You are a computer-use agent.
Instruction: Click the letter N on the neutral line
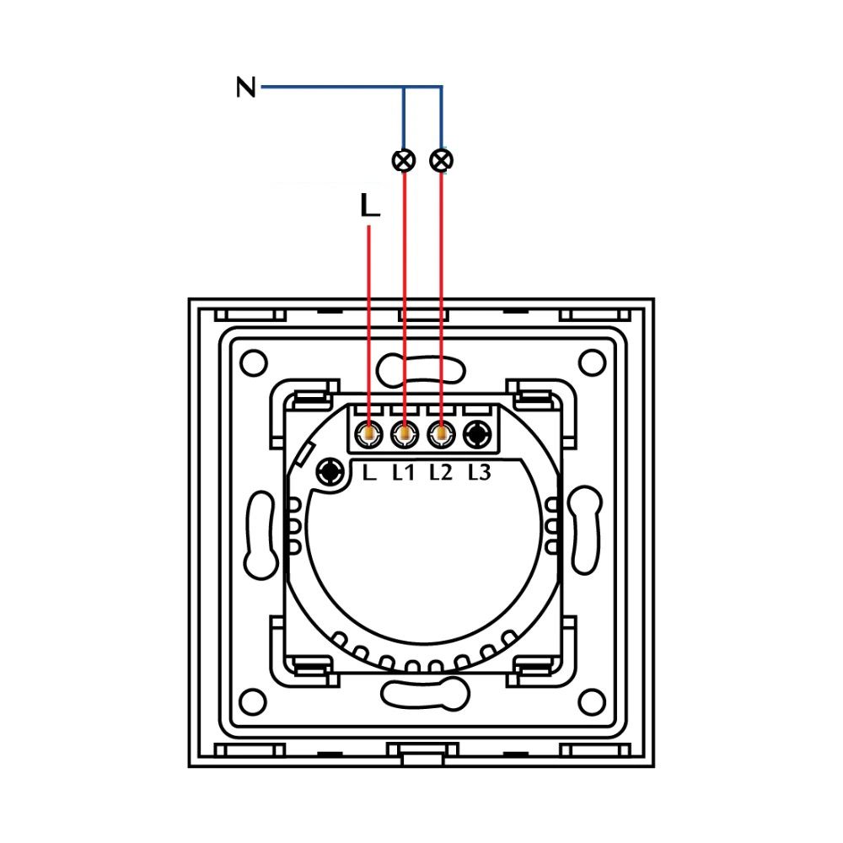click(245, 87)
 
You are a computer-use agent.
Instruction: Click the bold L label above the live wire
click(369, 206)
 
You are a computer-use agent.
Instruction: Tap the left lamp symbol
click(405, 159)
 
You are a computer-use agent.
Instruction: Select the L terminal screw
click(369, 434)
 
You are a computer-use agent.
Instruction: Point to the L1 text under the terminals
click(404, 473)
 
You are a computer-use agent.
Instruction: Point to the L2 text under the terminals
click(440, 473)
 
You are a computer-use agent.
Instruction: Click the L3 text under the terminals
click(478, 473)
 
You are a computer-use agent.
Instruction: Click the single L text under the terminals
click(368, 473)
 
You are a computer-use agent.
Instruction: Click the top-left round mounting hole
click(252, 363)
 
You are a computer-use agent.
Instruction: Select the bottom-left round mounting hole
click(252, 701)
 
